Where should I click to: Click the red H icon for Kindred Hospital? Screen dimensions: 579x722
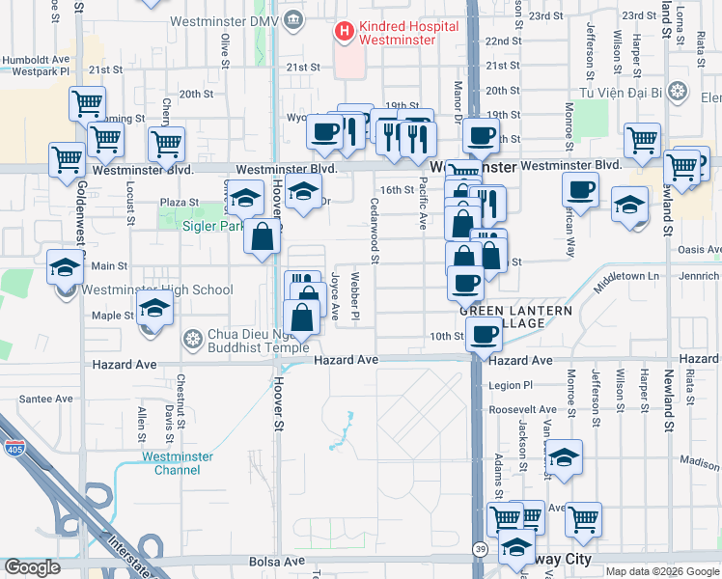pyautogui.click(x=343, y=32)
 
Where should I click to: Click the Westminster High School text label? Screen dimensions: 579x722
pyautogui.click(x=157, y=289)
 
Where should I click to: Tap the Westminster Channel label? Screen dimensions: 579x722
pyautogui.click(x=171, y=463)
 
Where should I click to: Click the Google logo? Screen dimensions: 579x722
pyautogui.click(x=32, y=567)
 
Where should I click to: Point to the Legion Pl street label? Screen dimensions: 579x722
pyautogui.click(x=510, y=385)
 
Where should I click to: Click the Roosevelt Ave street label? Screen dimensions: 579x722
pyautogui.click(x=522, y=409)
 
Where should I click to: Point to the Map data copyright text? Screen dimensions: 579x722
pyautogui.click(x=661, y=571)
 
